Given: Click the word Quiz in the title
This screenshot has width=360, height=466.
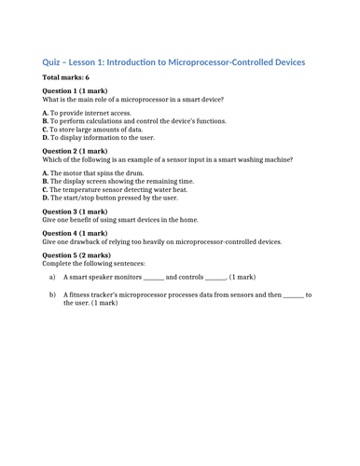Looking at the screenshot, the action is [x=55, y=62].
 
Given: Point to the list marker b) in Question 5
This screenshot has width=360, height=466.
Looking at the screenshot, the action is [x=52, y=295].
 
